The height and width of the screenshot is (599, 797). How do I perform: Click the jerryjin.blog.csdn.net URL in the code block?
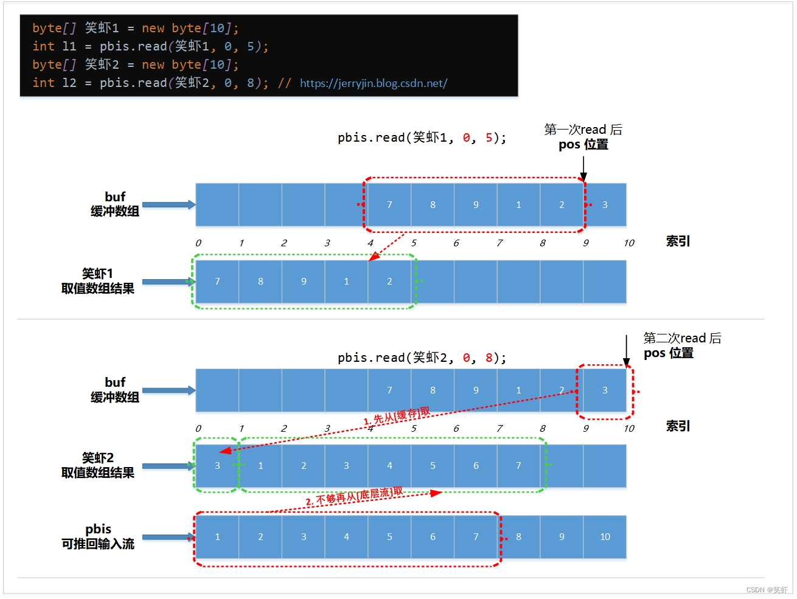(x=373, y=83)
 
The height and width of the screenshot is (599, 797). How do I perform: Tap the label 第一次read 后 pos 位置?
(x=583, y=137)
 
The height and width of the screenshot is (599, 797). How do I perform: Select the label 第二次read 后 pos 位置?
(x=681, y=345)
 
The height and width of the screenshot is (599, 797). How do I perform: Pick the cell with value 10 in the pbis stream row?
(x=605, y=537)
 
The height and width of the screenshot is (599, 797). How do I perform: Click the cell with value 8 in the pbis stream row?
(x=518, y=537)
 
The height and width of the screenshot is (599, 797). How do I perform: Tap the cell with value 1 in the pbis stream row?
(x=217, y=537)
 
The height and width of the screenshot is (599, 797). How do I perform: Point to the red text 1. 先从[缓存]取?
(x=396, y=417)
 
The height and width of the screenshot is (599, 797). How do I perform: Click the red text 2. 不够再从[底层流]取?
(x=353, y=497)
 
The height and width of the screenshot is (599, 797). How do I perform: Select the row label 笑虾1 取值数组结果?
(x=97, y=281)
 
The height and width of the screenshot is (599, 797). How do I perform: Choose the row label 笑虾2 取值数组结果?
(x=97, y=465)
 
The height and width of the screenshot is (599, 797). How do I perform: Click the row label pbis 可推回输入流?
(x=97, y=536)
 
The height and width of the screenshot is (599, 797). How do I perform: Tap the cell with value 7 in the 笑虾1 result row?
(x=217, y=282)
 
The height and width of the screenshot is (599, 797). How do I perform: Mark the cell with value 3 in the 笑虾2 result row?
(x=217, y=466)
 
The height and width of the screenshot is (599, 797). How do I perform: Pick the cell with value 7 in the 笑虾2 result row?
(x=518, y=466)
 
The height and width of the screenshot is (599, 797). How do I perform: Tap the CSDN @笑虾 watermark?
(x=767, y=590)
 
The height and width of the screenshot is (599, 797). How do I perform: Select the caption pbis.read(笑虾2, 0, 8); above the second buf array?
(x=422, y=358)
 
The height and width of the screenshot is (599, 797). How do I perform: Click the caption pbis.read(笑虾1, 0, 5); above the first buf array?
(x=422, y=138)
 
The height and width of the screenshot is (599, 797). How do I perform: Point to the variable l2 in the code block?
(x=69, y=83)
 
